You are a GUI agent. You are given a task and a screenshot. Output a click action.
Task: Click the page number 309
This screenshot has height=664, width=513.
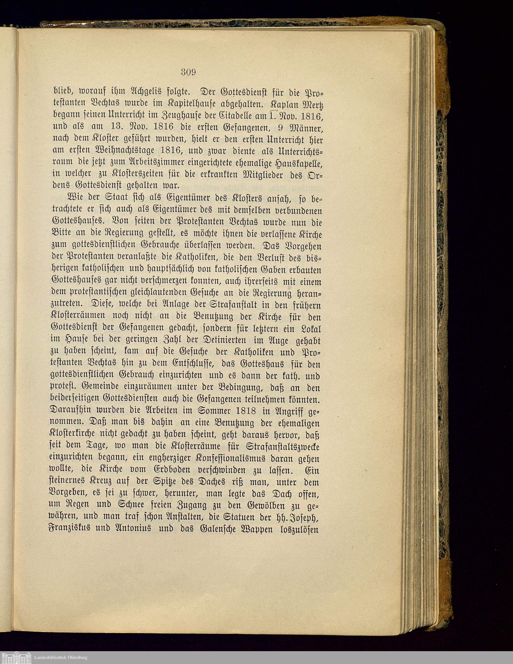[x=189, y=72]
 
